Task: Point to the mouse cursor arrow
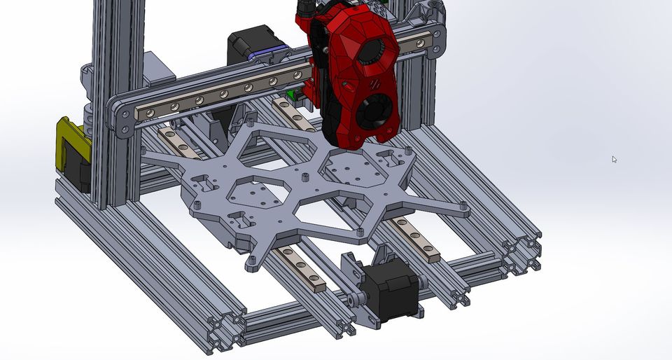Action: pyautogui.click(x=614, y=159)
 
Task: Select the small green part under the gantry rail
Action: pyautogui.click(x=288, y=94)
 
